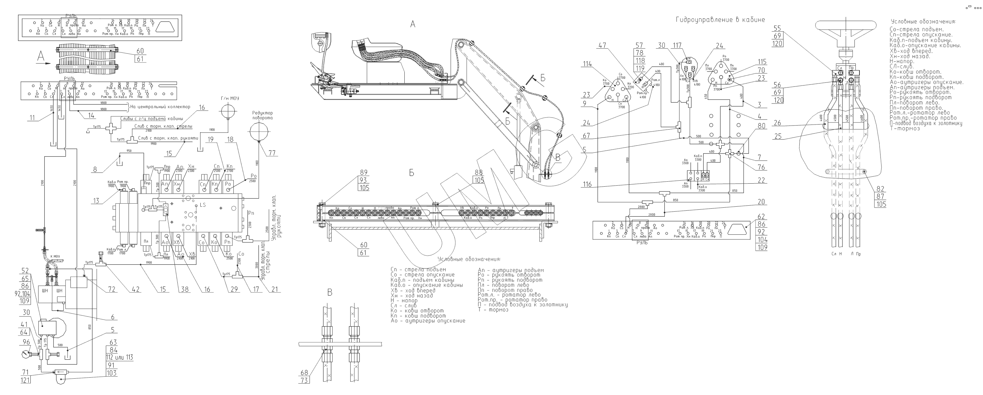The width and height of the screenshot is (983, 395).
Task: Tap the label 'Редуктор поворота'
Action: pyautogui.click(x=262, y=115)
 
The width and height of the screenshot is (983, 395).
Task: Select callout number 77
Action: pyautogui.click(x=272, y=153)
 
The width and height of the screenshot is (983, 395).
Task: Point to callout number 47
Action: pyautogui.click(x=602, y=45)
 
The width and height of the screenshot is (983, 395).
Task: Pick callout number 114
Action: pyautogui.click(x=587, y=64)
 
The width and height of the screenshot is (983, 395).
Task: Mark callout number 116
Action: pyautogui.click(x=587, y=184)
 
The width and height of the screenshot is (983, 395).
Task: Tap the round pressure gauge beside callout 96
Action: pyautogui.click(x=27, y=354)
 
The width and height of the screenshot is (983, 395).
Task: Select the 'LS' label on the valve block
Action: pyautogui.click(x=202, y=205)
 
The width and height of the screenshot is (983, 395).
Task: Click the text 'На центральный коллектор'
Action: pyautogui.click(x=160, y=107)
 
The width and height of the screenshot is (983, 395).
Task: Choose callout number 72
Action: pyautogui.click(x=112, y=289)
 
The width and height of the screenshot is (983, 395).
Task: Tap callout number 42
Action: pyautogui.click(x=136, y=289)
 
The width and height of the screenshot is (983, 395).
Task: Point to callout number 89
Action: pyautogui.click(x=363, y=173)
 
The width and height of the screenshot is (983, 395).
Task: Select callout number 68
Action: pyautogui.click(x=304, y=373)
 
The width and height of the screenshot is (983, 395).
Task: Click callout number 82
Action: pyautogui.click(x=880, y=189)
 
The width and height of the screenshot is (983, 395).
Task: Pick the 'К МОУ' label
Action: pyautogui.click(x=54, y=256)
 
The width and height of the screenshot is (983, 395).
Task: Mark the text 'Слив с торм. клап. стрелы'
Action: pyautogui.click(x=163, y=126)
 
